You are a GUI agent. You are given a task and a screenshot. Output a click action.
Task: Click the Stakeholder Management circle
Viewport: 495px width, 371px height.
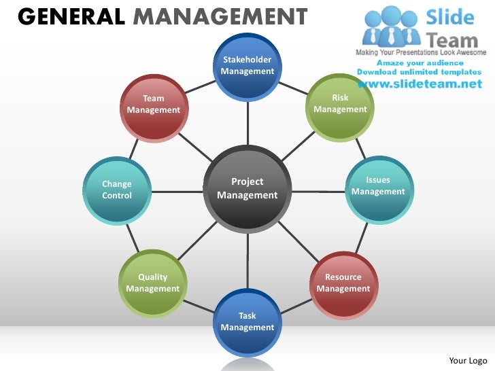pyautogui.click(x=247, y=66)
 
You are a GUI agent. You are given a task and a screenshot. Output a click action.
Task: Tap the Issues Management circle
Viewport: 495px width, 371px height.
pyautogui.click(x=378, y=190)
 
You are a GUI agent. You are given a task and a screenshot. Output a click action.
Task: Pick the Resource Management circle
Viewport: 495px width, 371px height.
pyautogui.click(x=343, y=283)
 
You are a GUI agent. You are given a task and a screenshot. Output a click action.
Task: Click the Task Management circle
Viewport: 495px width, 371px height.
pyautogui.click(x=247, y=321)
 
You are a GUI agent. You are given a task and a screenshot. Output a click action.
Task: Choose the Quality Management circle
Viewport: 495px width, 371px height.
pyautogui.click(x=153, y=283)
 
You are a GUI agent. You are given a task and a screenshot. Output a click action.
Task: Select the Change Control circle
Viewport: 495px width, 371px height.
pyautogui.click(x=117, y=190)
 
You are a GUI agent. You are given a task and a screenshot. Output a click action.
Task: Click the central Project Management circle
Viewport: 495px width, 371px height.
pyautogui.click(x=247, y=189)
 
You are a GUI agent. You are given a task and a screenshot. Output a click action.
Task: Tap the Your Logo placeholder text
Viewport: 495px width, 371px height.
pyautogui.click(x=468, y=360)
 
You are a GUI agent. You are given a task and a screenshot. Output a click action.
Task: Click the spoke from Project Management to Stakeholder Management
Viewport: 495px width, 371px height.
pyautogui.click(x=247, y=122)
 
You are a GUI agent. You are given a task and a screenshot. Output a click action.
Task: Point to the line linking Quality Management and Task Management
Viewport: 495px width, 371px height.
pyautogui.click(x=200, y=305)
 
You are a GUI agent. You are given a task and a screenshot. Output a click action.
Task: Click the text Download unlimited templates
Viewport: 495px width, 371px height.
pyautogui.click(x=420, y=71)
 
